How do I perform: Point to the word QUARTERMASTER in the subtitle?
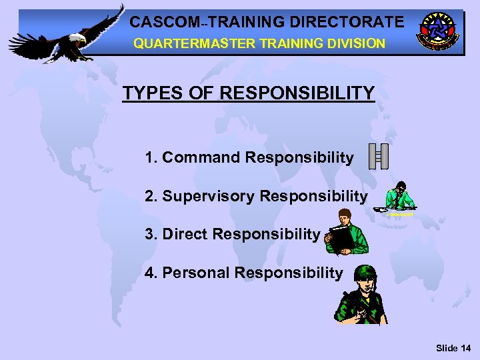pyautogui.click(x=179, y=43)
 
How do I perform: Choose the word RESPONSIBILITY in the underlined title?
pyautogui.click(x=297, y=93)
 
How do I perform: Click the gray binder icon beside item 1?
pyautogui.click(x=378, y=156)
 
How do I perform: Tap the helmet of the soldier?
pyautogui.click(x=365, y=274)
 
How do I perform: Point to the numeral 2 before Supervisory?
pyautogui.click(x=149, y=196)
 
